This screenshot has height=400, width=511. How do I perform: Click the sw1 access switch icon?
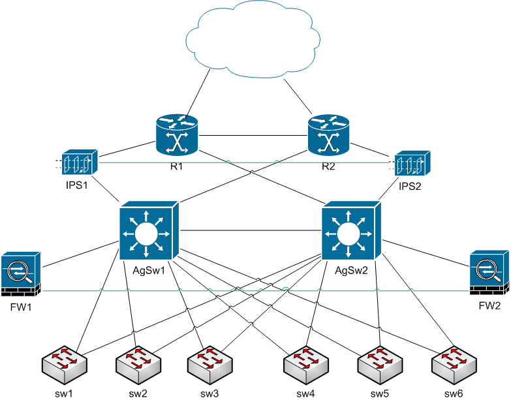[63, 362]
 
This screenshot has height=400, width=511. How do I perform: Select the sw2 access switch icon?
[138, 362]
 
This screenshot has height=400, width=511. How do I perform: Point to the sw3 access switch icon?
[209, 362]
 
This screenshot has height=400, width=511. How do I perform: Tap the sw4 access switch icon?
[306, 362]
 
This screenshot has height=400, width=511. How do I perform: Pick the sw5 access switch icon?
[380, 362]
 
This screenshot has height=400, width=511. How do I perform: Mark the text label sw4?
[306, 393]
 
